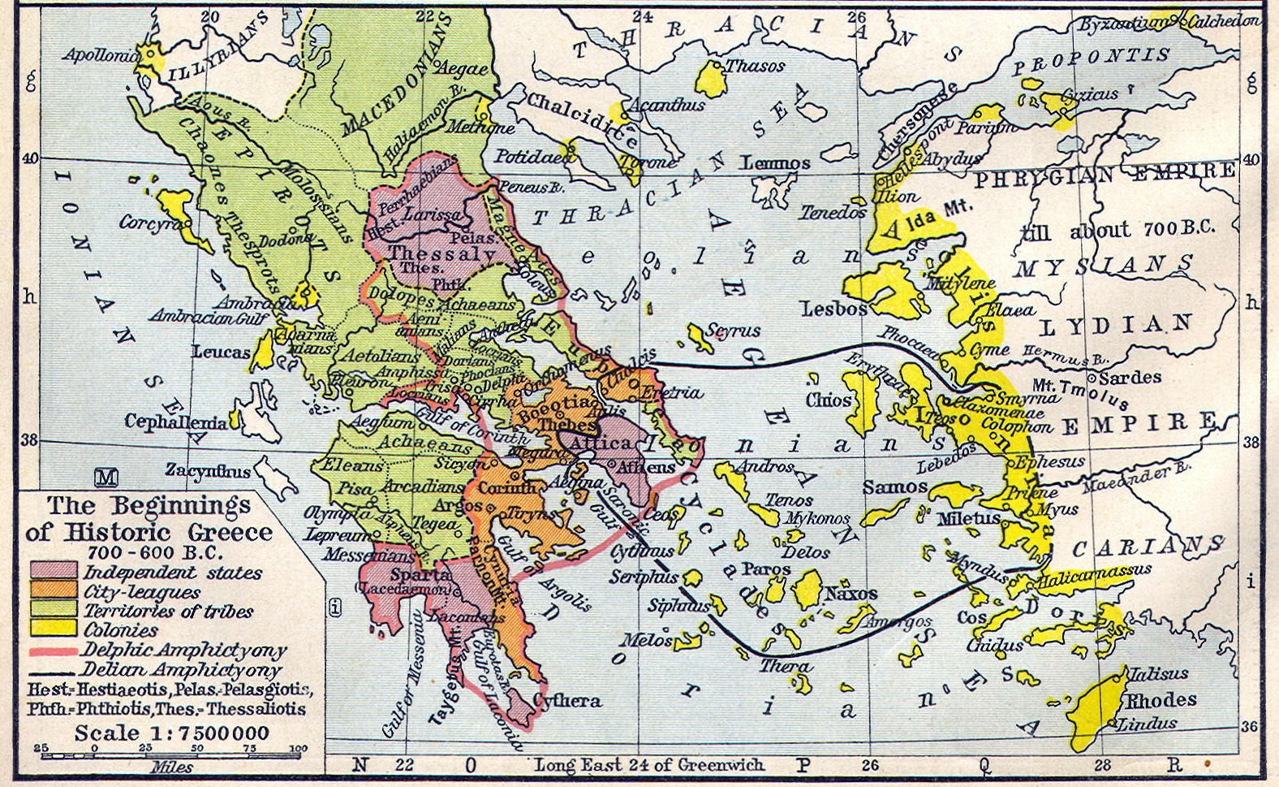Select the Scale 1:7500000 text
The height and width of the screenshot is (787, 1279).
[171, 733]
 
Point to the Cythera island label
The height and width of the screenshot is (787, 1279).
[568, 701]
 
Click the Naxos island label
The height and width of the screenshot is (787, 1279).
[851, 594]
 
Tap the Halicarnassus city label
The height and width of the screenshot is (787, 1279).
[1092, 574]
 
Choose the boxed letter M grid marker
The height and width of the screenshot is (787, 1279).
[106, 477]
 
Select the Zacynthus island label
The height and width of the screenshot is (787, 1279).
[209, 470]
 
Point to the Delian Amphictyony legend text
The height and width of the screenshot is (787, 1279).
[181, 671]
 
